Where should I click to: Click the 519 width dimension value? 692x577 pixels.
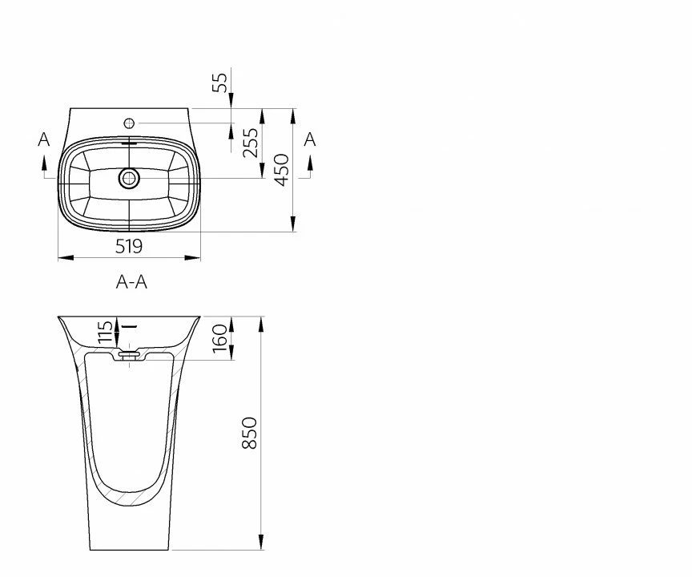pos(129,246)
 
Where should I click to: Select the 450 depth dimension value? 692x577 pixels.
pos(282,170)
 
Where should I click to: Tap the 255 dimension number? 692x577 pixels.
pos(251,143)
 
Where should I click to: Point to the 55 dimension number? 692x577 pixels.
pos(219,82)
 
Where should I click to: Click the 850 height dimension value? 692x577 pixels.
pos(250,433)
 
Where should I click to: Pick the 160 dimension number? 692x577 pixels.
pos(219,339)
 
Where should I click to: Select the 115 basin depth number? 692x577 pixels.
pos(105,332)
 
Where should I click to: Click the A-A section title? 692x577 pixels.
pos(131,281)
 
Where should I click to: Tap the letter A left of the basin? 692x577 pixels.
pos(44,139)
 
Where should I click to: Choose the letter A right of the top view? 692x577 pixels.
pos(310,139)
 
